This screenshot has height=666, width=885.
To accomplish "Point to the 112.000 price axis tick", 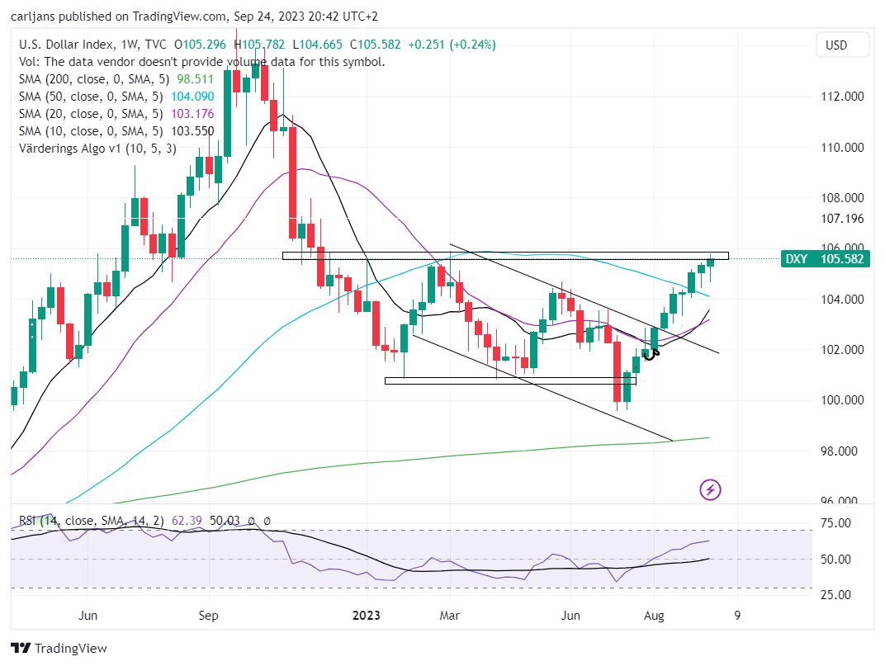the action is pos(842,97).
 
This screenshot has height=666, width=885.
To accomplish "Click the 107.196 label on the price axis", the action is pos(842,219).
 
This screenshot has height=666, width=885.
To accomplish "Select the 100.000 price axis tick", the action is pos(842,400).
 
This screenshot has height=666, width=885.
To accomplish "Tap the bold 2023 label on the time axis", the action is pos(367,615).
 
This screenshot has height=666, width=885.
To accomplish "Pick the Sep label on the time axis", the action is pos(208,615).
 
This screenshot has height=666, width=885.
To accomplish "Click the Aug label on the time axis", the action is pos(654,615).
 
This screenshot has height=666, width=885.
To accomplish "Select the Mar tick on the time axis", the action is pos(449,615).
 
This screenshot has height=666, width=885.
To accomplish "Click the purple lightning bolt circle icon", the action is pos(710,490).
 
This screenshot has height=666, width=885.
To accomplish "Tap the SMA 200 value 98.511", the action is pos(196,79).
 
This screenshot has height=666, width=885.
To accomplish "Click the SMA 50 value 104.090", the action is pos(192,97).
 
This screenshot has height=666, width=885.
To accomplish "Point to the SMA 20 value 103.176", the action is pos(192,114).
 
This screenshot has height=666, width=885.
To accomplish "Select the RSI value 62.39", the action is pos(187,521).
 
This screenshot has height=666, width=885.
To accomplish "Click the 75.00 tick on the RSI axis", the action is pos(836,523).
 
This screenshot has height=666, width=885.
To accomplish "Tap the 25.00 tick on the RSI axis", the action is pos(836,594).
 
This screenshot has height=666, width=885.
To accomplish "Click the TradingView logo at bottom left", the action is pos(59,648).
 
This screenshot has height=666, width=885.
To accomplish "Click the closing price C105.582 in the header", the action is pos(376,45).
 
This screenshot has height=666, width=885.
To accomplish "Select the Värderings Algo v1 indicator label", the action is pos(97,149).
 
